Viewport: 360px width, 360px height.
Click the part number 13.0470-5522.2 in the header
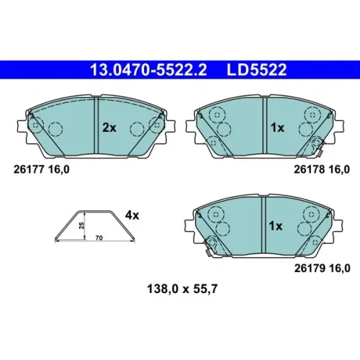pyautogui.click(x=148, y=70)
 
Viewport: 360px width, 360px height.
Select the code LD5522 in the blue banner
pyautogui.click(x=256, y=70)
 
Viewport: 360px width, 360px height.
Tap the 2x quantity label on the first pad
pyautogui.click(x=109, y=128)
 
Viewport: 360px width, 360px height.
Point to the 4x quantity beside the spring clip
pyautogui.click(x=132, y=215)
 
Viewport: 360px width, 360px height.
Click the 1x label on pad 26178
pyautogui.click(x=277, y=128)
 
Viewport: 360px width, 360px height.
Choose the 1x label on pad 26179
pyautogui.click(x=276, y=226)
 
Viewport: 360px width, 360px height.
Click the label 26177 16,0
pyautogui.click(x=42, y=170)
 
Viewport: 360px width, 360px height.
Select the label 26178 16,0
pyautogui.click(x=322, y=170)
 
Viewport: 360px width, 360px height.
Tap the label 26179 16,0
pyautogui.click(x=322, y=268)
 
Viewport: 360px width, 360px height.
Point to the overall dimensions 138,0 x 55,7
pyautogui.click(x=182, y=289)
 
